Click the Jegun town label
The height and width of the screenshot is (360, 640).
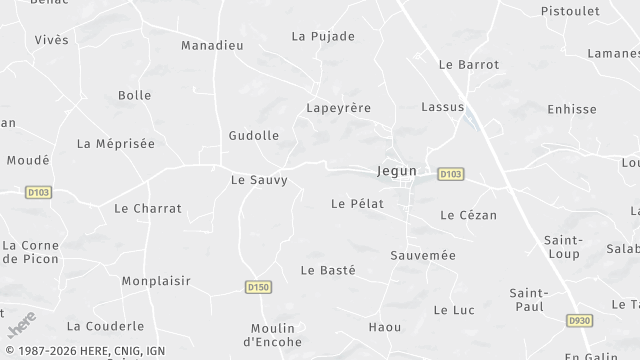(x=397, y=171)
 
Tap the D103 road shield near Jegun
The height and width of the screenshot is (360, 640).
(x=451, y=174)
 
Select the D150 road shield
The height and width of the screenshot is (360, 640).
(x=258, y=287)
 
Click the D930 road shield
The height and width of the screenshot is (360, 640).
(x=579, y=321)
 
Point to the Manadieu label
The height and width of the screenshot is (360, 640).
(x=213, y=45)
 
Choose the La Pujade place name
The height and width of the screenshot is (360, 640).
(x=323, y=36)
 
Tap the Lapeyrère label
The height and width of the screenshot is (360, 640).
(x=338, y=107)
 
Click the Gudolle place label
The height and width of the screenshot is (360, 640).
(x=254, y=135)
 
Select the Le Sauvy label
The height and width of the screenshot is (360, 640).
(x=259, y=180)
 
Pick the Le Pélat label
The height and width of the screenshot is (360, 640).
(x=357, y=203)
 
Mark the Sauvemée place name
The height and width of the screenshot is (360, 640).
(x=423, y=255)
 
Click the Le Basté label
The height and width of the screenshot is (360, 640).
(x=328, y=270)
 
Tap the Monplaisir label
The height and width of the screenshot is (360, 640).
(x=156, y=281)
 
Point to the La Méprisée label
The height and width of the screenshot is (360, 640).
(x=116, y=144)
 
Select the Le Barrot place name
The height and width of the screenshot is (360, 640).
(x=469, y=64)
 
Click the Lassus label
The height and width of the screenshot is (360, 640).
(x=443, y=106)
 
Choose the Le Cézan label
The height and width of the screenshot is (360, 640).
(x=468, y=215)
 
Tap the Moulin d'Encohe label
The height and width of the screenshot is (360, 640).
(x=273, y=335)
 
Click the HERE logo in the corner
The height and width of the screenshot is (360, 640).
(x=22, y=325)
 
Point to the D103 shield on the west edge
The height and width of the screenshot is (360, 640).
(x=37, y=191)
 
